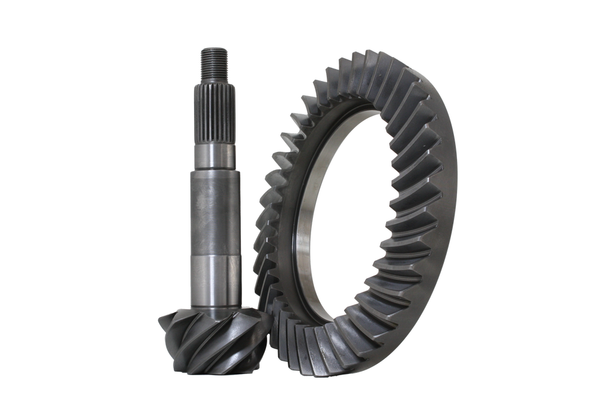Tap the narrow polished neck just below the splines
click(214, 155)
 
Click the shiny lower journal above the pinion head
click(214, 276)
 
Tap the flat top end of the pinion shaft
click(214, 47)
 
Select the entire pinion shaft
click(214, 210)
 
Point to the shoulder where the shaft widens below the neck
click(214, 170)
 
